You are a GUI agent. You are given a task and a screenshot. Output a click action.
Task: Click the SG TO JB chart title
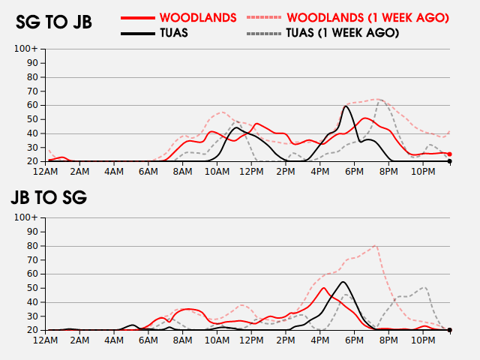[54, 22]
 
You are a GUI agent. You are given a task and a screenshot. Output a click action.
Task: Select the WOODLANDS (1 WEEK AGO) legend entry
[367, 16]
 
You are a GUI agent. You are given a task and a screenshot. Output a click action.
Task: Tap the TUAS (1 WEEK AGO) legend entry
[342, 33]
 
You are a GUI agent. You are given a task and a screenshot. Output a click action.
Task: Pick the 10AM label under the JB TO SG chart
[217, 340]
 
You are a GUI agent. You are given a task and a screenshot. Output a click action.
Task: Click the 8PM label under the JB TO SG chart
[389, 340]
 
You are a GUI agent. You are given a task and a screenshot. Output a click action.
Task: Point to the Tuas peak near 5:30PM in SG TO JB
[345, 106]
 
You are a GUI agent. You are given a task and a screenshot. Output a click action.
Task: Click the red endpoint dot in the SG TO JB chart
[449, 154]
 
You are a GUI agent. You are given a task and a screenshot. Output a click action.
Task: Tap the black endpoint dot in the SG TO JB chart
[449, 161]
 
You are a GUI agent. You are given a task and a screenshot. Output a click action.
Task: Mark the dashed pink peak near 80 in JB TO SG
[375, 245]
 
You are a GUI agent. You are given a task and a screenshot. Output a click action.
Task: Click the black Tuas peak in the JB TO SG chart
[343, 282]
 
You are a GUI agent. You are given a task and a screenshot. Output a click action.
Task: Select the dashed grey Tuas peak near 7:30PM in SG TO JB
[380, 100]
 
